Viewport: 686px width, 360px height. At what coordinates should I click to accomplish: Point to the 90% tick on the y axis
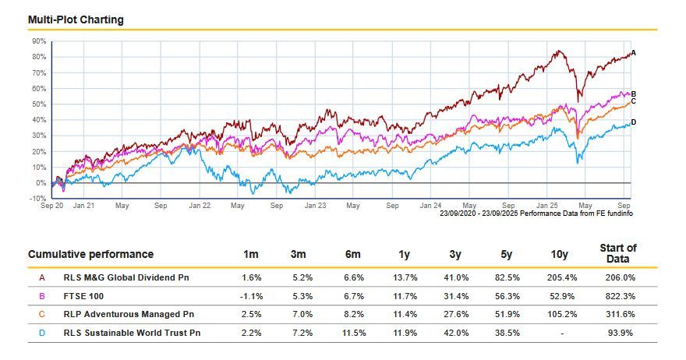[x=39, y=41]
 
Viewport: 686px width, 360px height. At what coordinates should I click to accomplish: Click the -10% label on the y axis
[x=38, y=199]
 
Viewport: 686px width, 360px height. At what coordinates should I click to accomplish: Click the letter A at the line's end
[x=634, y=53]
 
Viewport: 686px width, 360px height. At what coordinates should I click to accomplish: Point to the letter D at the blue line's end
[x=633, y=122]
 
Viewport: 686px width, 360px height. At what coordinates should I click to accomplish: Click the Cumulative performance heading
[x=91, y=254]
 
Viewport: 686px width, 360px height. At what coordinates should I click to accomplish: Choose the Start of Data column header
[x=618, y=253]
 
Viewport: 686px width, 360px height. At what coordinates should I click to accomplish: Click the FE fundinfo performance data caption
[x=536, y=212]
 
